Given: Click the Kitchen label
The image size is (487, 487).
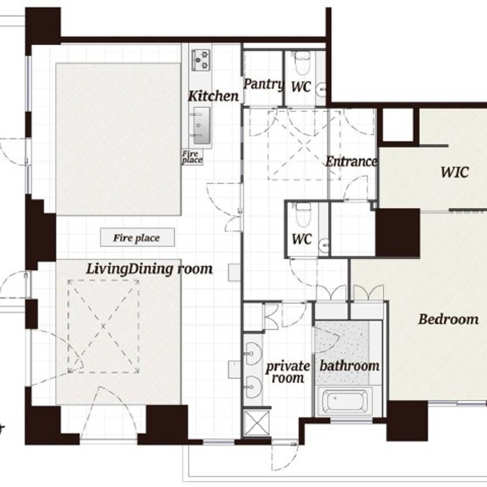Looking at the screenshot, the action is coord(214,96).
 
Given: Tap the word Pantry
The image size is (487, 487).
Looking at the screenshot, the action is coord(263,84).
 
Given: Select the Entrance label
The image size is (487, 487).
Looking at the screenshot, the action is coord(351,162).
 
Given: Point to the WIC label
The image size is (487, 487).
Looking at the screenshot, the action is coord(455,172).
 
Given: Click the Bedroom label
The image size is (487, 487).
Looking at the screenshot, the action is coord(449,319).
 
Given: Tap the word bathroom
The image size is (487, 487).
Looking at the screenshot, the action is coord(349,366).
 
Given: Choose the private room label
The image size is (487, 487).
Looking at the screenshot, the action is coord(288,372).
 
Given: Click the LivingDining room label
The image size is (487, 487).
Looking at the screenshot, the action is coord(150,269).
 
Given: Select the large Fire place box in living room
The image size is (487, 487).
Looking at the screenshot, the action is coord(137,237).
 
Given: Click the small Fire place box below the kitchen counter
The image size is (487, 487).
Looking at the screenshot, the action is coord(192,157).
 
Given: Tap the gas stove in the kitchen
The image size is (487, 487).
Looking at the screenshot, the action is coord(201,59).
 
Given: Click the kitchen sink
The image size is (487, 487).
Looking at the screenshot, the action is coord(201,126).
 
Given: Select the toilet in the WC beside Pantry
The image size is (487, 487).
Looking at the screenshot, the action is coord(302,63).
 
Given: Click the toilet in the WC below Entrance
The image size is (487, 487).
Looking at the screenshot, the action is coord(303,215).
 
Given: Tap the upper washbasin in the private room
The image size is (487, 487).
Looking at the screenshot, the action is coord(253,354).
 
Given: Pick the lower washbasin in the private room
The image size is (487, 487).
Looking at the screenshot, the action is coord(253,387).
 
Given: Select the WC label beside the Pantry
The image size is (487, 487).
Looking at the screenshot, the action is coord(301,87).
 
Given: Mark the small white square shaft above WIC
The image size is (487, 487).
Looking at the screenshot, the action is coord(398,125).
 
